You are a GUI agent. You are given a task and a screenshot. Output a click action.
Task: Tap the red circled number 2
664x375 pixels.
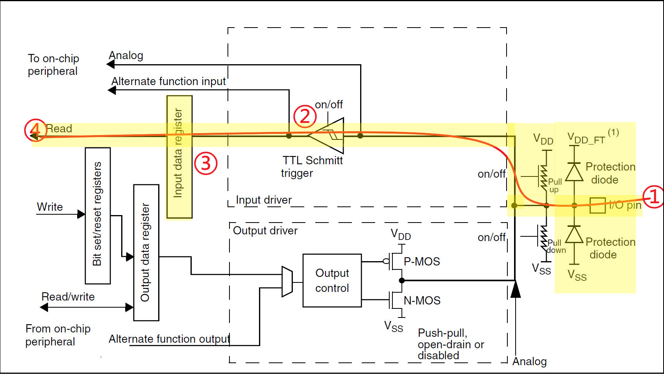[x=305, y=117]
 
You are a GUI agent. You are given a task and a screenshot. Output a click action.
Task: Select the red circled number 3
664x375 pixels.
[x=205, y=163]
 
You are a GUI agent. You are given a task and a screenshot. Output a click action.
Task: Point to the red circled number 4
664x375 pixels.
[x=35, y=130]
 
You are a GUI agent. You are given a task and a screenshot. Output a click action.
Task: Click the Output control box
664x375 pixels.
[x=332, y=280]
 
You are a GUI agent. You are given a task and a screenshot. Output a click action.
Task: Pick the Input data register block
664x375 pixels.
[x=179, y=156]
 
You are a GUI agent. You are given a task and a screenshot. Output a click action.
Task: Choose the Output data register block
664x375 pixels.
[x=146, y=252]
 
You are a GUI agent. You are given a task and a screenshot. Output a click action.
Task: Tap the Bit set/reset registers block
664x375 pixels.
[x=98, y=215]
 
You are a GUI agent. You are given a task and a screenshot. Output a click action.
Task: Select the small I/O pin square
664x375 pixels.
[x=597, y=205]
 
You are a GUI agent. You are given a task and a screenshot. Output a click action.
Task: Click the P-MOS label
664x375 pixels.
[x=422, y=262]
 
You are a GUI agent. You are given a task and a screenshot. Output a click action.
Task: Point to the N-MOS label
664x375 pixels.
[x=422, y=301]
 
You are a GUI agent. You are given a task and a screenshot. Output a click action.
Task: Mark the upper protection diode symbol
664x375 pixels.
[x=574, y=172]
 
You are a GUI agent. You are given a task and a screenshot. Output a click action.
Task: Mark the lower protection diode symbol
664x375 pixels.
[x=574, y=235]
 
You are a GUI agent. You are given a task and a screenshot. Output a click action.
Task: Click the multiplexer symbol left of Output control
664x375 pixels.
[x=287, y=282]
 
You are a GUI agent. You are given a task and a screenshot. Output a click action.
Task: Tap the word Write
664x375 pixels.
[x=50, y=207]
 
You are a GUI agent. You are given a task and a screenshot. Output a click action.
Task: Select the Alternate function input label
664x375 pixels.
[x=168, y=82]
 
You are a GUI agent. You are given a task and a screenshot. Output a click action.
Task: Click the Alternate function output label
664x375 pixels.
[x=169, y=339]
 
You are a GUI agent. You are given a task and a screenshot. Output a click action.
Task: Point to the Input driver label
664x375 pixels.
[x=264, y=200]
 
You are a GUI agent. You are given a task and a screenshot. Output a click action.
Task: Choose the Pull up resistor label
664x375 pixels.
[x=555, y=185]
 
